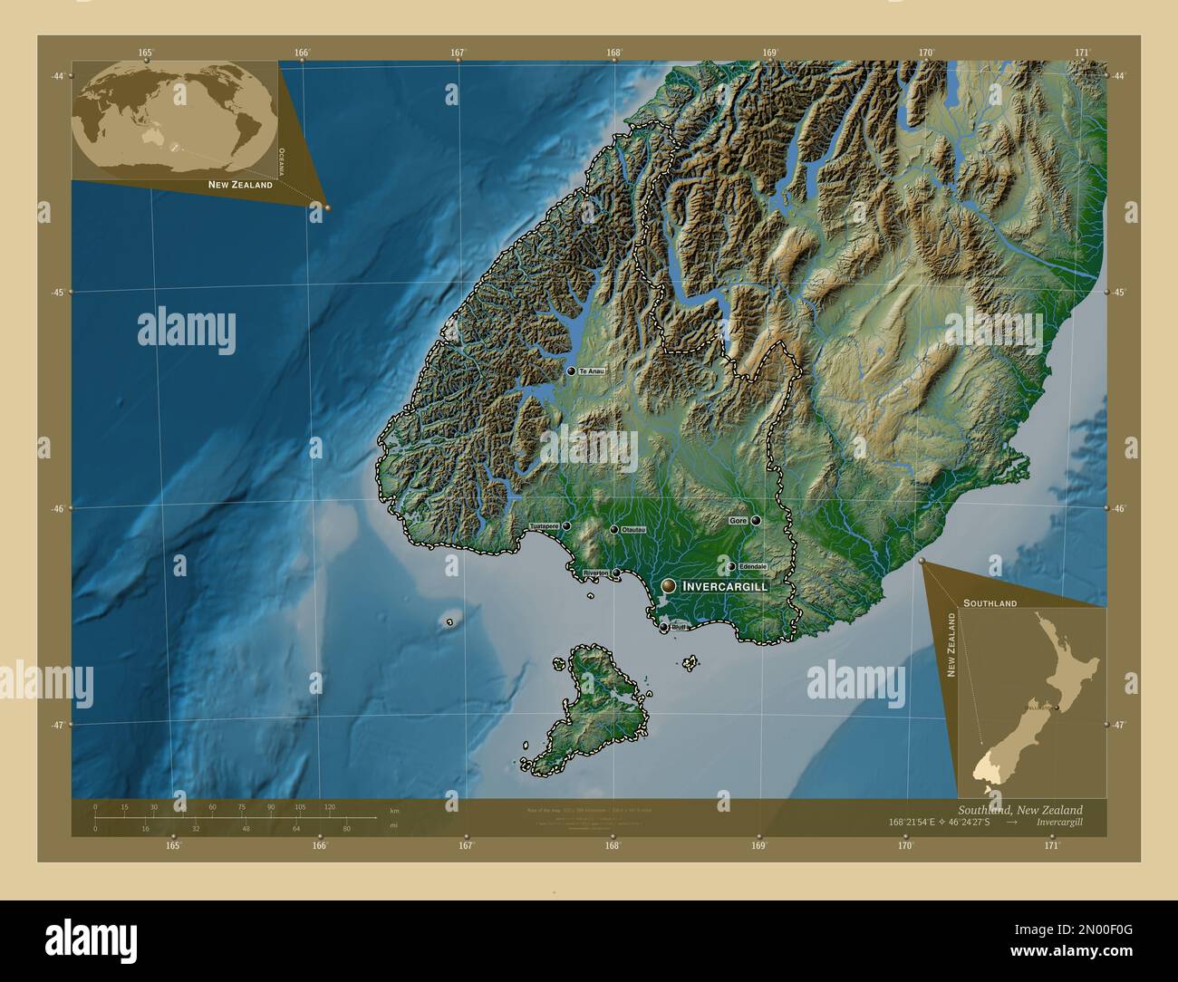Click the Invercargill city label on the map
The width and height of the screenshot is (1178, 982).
(x=725, y=587)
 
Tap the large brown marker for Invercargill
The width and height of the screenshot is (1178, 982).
(x=669, y=587)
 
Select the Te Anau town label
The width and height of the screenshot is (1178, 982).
(x=591, y=371)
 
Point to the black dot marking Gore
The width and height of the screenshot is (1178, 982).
(x=755, y=521)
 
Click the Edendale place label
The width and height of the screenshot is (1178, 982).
(x=753, y=567)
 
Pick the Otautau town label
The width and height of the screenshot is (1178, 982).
(x=633, y=530)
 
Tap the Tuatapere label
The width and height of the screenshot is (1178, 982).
(x=545, y=526)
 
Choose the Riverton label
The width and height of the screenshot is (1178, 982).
(x=595, y=573)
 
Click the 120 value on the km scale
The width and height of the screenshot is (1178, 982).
(x=329, y=806)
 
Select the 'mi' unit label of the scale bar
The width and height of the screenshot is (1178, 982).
(x=392, y=826)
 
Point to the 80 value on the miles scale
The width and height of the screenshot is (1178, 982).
(x=346, y=828)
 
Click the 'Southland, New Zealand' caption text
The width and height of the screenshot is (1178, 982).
(x=1019, y=809)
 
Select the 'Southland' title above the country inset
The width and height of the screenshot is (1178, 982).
(x=990, y=602)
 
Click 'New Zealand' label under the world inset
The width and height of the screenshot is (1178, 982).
(x=240, y=185)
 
